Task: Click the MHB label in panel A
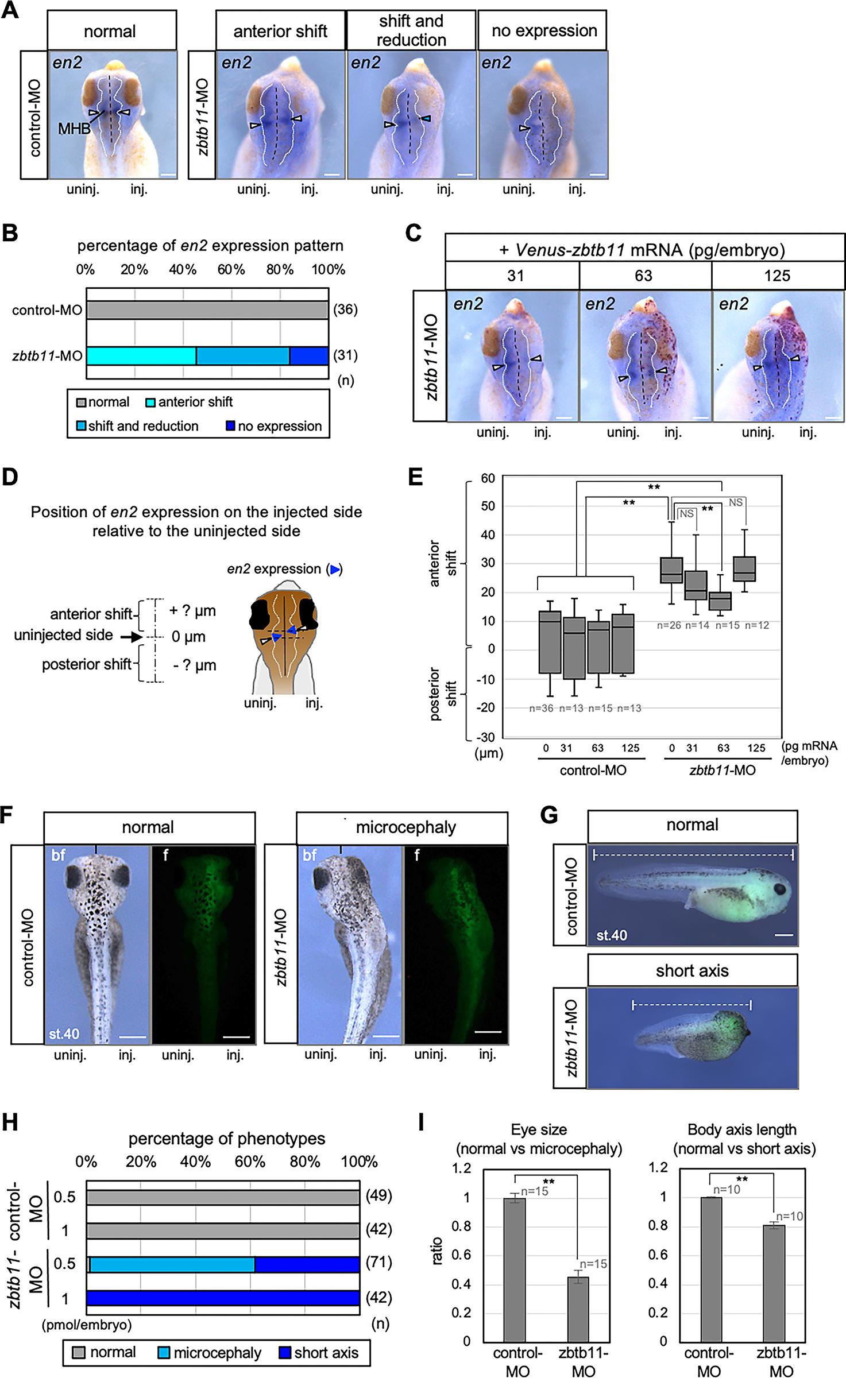coord(74,129)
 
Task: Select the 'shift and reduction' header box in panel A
coord(411,30)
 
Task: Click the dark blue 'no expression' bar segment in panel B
coord(309,356)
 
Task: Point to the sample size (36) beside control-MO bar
coord(345,310)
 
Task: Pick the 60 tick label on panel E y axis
coord(488,478)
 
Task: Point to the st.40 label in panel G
coord(611,935)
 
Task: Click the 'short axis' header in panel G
coord(692,970)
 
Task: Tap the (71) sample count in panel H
coord(379,1263)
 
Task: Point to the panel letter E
coord(415,478)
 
